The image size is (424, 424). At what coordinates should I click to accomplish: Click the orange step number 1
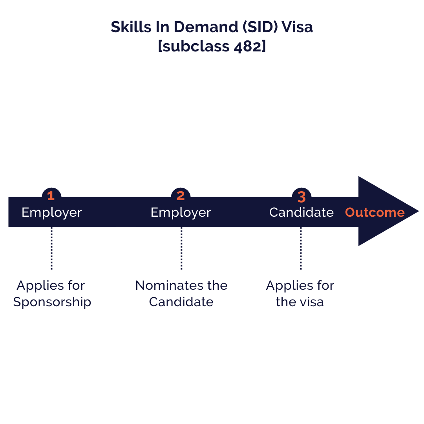(51, 196)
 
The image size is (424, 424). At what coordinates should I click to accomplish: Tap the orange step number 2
(181, 196)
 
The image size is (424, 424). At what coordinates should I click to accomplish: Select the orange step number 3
(302, 197)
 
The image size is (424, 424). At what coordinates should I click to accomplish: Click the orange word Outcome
(375, 212)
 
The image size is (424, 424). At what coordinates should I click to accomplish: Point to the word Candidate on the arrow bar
(301, 212)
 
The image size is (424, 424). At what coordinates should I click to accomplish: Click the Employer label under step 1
(52, 213)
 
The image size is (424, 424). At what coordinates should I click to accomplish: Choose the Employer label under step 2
(181, 213)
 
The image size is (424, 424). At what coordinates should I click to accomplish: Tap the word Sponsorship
(52, 302)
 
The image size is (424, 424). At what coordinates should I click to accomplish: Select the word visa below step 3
(312, 302)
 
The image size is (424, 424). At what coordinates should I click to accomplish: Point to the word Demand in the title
(205, 27)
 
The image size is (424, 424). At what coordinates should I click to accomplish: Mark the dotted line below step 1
(52, 248)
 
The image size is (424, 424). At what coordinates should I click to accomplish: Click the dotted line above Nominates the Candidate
(181, 248)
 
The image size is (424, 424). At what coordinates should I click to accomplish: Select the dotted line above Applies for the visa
(301, 248)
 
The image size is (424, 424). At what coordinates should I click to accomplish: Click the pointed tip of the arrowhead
(419, 211)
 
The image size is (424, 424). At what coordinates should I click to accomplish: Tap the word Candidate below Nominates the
(181, 302)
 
